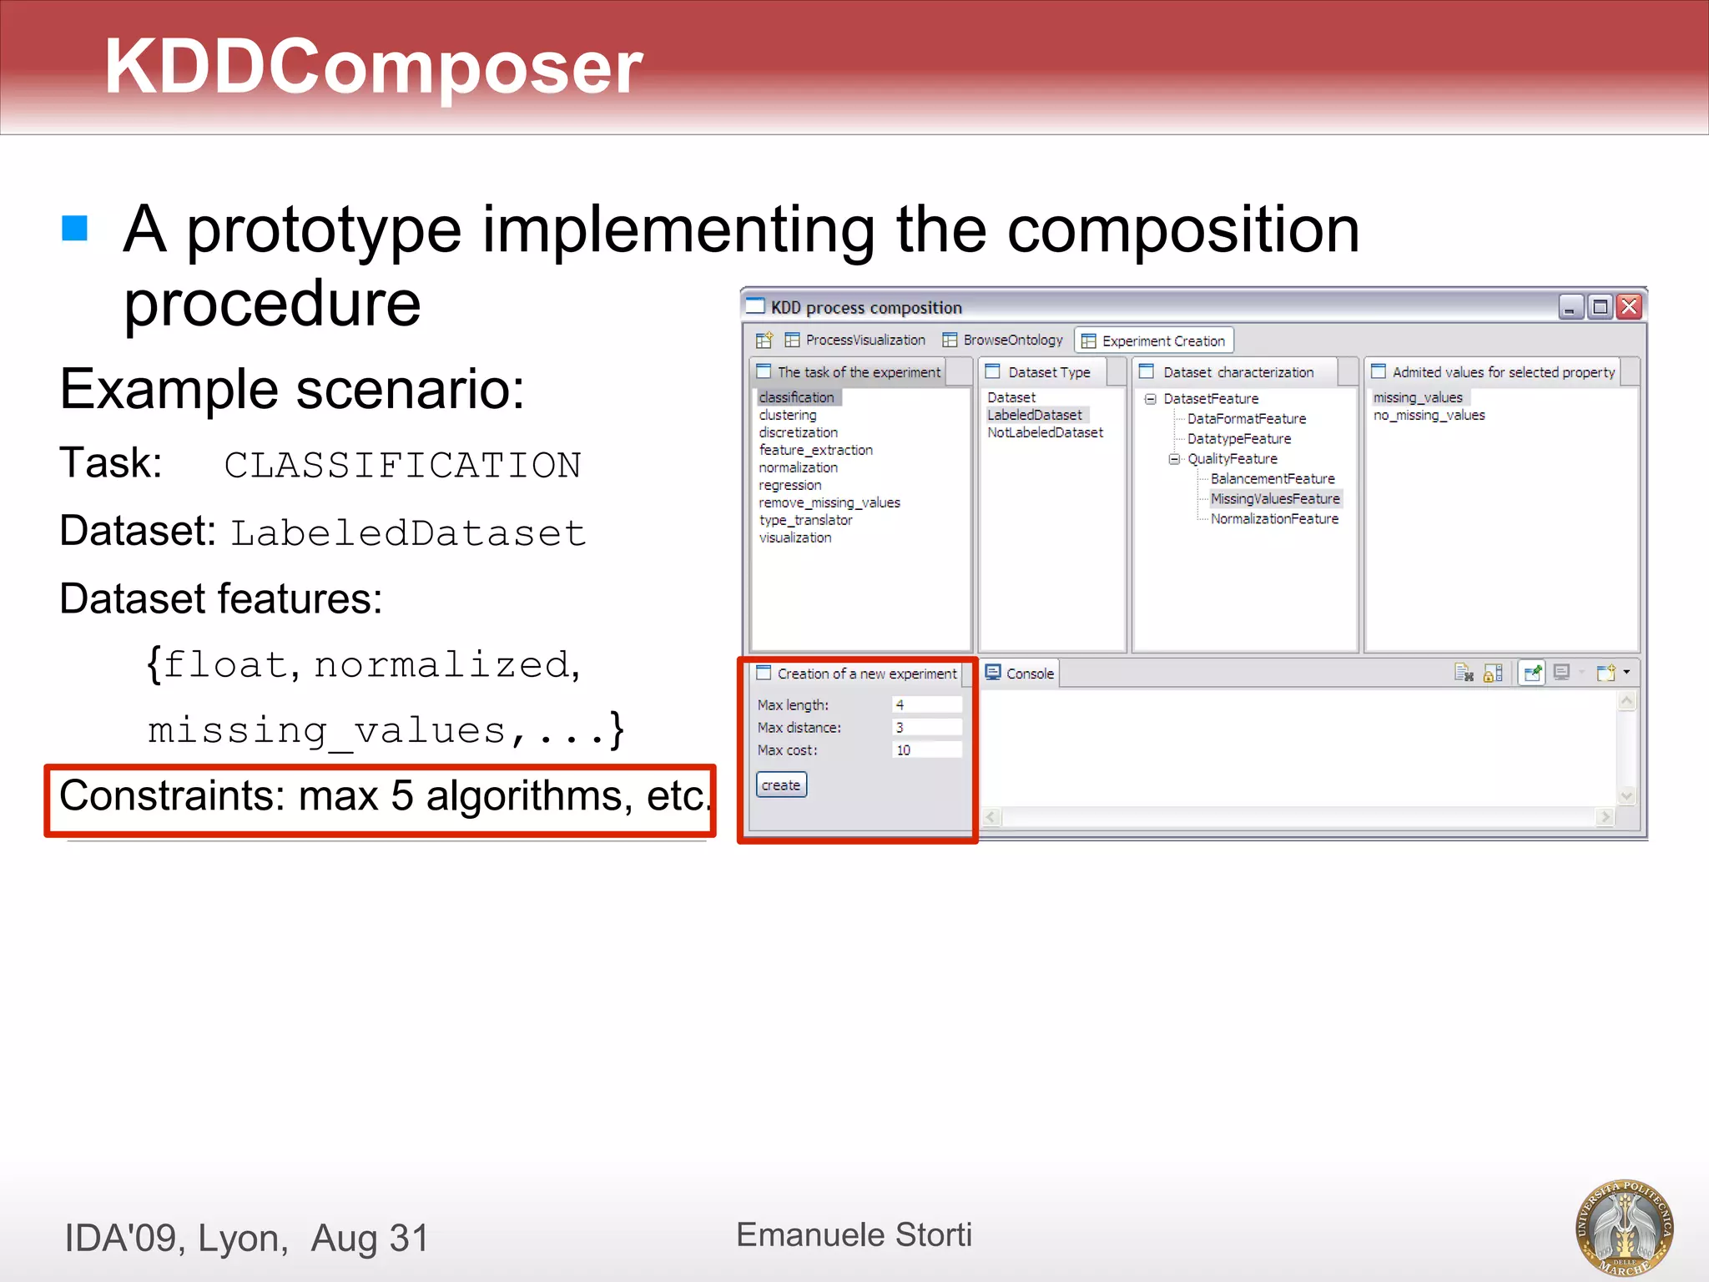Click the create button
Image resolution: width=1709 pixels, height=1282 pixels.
point(781,785)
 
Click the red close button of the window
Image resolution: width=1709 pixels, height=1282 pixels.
point(1629,307)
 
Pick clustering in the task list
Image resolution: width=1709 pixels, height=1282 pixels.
point(788,415)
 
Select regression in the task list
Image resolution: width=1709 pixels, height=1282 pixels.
point(790,485)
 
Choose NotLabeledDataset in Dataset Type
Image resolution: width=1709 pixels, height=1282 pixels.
point(1045,432)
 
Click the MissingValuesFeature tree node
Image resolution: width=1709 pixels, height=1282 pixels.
point(1275,498)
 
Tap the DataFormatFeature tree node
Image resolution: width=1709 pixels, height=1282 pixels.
point(1247,418)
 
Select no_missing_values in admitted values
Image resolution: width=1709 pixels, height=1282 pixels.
point(1429,415)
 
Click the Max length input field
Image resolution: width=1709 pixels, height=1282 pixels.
point(926,704)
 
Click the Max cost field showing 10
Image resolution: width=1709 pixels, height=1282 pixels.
point(926,750)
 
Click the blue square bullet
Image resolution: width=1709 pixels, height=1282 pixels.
point(75,228)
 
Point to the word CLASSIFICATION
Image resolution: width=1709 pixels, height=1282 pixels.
point(402,465)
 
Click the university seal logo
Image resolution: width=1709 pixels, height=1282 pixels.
point(1624,1227)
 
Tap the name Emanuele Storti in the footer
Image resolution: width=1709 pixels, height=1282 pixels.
point(854,1234)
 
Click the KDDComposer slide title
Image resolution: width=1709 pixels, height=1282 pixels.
point(373,67)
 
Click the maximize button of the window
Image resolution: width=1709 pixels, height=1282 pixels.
point(1600,307)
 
